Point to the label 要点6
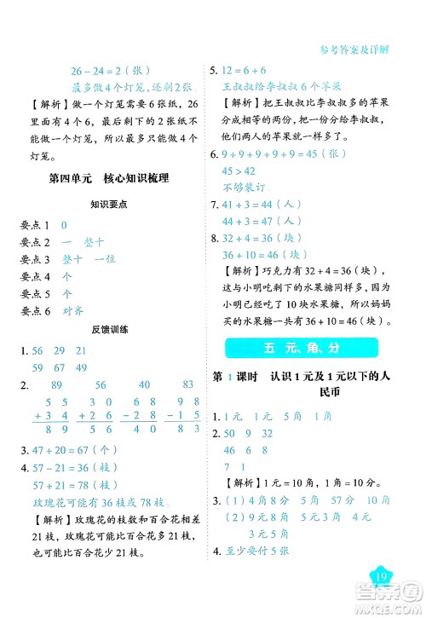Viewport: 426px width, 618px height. pos(35,311)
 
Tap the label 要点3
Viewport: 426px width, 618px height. pos(35,259)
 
